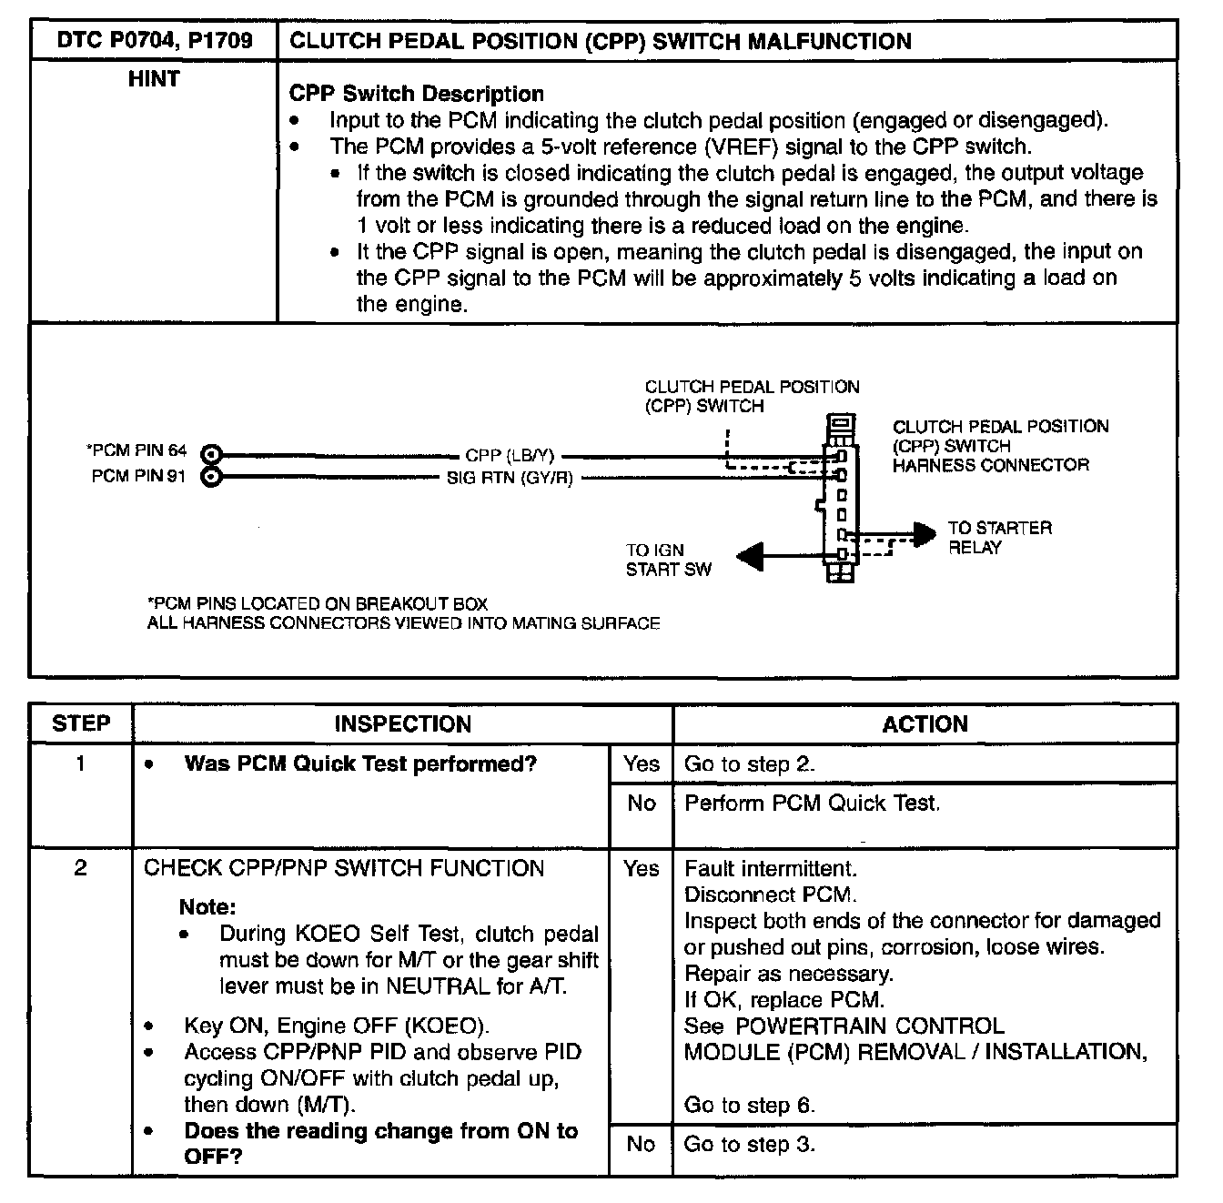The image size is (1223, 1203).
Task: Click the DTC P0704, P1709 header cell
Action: click(154, 41)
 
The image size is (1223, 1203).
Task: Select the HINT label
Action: click(154, 80)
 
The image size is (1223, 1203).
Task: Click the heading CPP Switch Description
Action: click(416, 94)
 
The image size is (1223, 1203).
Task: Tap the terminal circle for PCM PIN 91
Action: click(211, 476)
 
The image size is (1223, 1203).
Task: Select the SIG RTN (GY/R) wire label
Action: click(510, 478)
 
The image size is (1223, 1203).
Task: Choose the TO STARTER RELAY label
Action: click(999, 538)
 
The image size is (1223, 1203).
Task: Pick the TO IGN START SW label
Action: click(668, 560)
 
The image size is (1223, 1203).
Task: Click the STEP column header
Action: click(81, 724)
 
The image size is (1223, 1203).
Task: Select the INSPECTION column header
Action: click(402, 724)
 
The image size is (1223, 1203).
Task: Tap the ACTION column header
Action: click(925, 724)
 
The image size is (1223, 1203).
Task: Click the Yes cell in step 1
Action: click(641, 764)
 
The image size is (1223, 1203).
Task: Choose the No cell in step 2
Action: click(641, 1144)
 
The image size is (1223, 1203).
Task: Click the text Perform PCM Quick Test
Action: click(812, 803)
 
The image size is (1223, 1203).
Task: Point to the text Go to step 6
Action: click(749, 1106)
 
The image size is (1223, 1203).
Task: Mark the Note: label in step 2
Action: click(207, 907)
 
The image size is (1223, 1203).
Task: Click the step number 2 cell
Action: click(81, 868)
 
